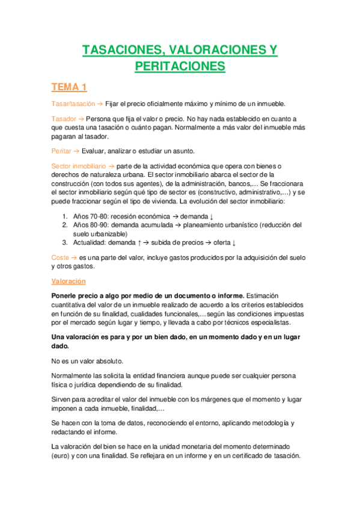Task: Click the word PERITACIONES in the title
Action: [180, 66]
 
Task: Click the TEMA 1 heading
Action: [69, 88]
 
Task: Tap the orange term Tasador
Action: [64, 120]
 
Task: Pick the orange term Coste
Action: [60, 257]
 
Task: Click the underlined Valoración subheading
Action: [69, 281]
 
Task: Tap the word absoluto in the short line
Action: [108, 361]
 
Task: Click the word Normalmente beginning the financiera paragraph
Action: [75, 376]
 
